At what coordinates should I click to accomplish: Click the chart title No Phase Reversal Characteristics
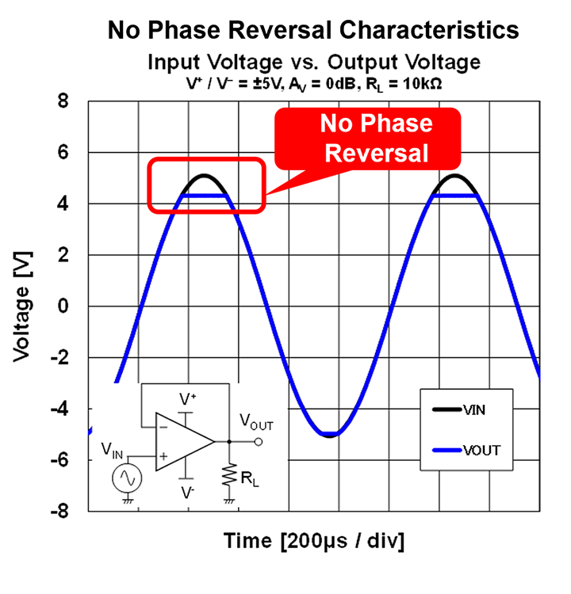pos(313,30)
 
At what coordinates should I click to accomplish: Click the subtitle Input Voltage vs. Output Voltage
pos(313,61)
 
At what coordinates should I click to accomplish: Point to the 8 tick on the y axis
pos(63,101)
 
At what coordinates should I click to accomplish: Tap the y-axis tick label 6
pos(63,152)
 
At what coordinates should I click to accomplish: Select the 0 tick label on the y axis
pos(63,307)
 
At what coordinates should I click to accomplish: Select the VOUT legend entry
pos(473,451)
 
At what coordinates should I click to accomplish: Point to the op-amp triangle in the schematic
pos(183,441)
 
